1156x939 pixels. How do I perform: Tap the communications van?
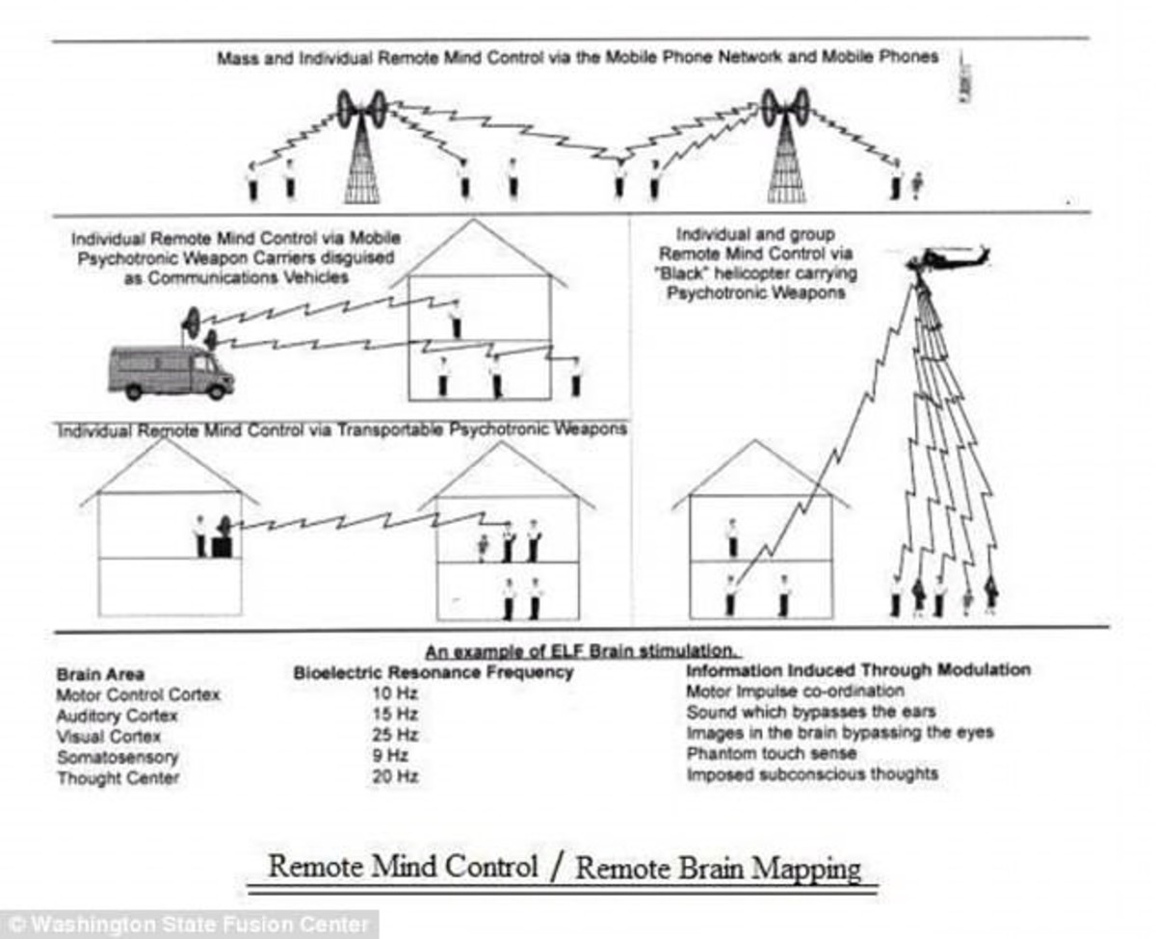pos(170,371)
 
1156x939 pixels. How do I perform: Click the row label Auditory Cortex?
pos(117,716)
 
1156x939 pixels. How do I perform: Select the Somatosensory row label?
pos(118,757)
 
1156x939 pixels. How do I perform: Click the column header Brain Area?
pos(100,674)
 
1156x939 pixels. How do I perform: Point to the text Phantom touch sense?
pos(757,754)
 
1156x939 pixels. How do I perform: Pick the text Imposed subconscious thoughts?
pos(811,774)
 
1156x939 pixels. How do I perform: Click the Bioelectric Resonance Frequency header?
pos(433,672)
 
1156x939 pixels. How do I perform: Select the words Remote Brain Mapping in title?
pos(718,869)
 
